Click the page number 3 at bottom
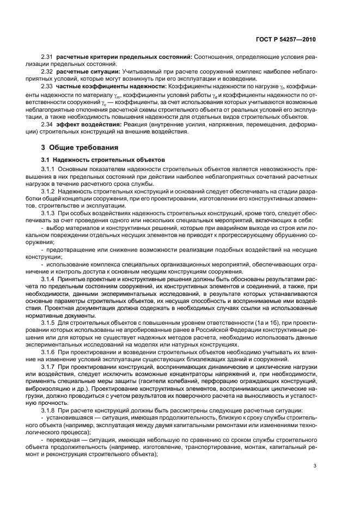[315, 465]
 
